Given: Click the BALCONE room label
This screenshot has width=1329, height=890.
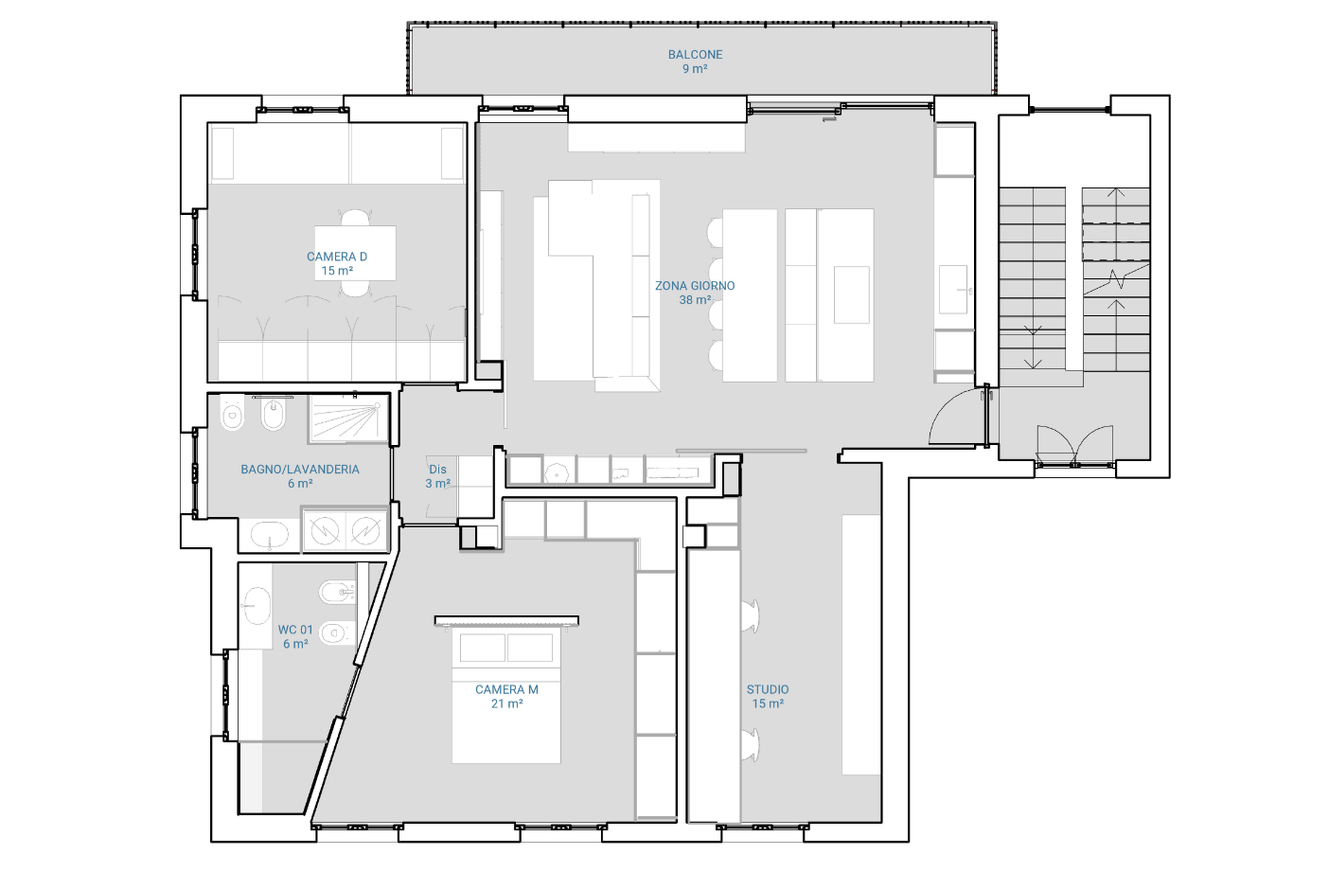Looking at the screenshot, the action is (695, 55).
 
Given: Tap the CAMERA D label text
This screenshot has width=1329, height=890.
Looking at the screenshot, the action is (336, 257).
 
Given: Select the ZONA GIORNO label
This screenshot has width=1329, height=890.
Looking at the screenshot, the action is (695, 286).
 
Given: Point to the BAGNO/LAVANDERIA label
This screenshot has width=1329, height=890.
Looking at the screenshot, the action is (300, 470).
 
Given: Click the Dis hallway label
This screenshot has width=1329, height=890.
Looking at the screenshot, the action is (437, 470).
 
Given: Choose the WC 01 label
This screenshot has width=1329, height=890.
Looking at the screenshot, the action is (295, 630).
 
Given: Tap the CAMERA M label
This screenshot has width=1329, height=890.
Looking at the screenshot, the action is (506, 689).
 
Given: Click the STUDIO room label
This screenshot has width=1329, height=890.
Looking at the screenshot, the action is (768, 689).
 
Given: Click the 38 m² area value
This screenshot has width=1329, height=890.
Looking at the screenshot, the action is (695, 300).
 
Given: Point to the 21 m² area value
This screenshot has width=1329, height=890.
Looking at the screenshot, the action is (506, 703).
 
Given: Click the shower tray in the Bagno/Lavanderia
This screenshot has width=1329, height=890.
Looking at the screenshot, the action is (348, 418).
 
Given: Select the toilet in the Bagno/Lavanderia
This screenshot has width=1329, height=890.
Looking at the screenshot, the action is (232, 414).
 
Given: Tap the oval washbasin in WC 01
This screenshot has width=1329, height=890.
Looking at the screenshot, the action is (257, 605).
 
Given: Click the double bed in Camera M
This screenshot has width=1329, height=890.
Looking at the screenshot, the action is (506, 695).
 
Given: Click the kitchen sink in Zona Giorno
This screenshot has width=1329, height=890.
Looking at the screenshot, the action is (953, 289).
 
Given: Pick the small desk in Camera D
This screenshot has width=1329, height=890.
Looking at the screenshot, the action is (355, 253).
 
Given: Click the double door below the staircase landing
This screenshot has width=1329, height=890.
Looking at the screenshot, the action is (1074, 445).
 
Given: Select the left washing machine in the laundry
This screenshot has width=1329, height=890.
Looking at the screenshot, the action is (325, 530).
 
